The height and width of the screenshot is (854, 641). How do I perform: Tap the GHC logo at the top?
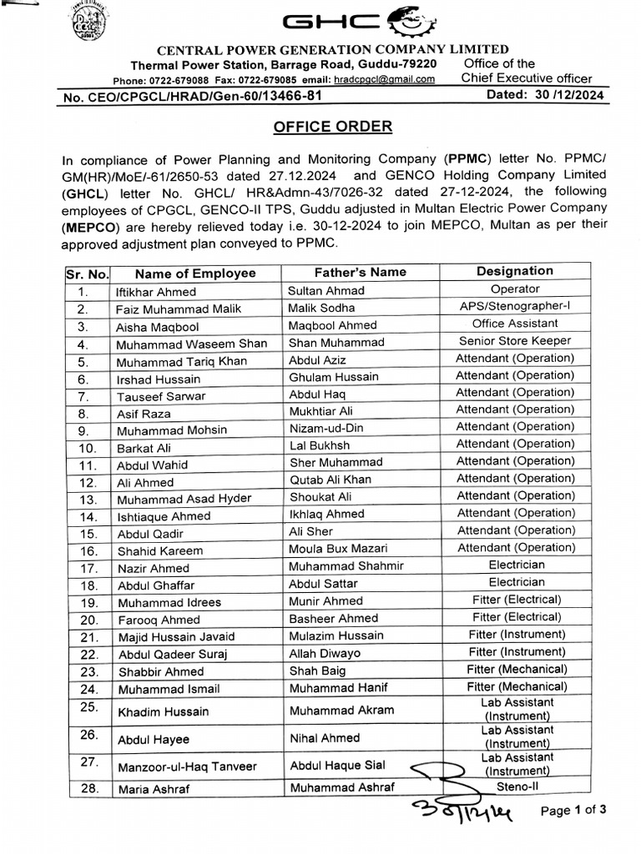pos(326,23)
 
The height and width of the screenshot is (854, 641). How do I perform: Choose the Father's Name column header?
pos(360,272)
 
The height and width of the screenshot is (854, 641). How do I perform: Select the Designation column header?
pos(514,271)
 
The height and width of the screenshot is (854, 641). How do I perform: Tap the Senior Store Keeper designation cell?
pos(514,340)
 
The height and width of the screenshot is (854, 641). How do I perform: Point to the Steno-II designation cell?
pos(515,786)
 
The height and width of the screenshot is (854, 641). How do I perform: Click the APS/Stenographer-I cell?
pos(514,306)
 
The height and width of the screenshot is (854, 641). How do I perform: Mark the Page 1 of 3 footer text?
pos(573,810)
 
